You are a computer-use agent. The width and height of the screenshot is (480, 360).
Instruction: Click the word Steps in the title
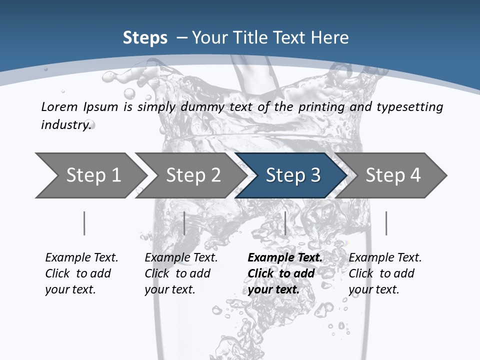[145, 38]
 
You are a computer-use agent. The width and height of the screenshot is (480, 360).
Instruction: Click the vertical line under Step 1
[84, 223]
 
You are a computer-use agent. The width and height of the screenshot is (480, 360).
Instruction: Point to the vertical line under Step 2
[184, 223]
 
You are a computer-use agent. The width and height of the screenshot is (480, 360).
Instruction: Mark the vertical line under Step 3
[285, 223]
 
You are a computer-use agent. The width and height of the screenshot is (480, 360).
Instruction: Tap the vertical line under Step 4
[386, 223]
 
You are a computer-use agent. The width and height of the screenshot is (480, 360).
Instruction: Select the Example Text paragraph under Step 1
[81, 273]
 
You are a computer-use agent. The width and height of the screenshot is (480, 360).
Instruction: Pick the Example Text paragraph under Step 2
[181, 273]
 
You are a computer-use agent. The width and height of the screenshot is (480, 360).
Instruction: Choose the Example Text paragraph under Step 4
[385, 273]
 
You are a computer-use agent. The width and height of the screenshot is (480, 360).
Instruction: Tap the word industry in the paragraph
[66, 124]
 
